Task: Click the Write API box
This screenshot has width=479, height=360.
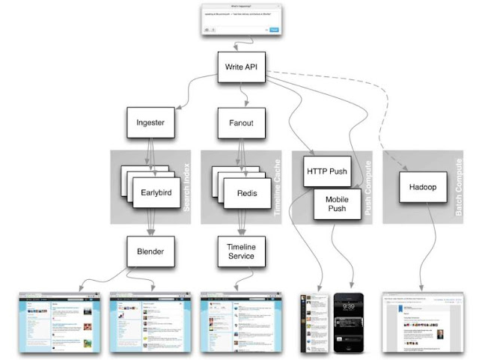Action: pos(241,67)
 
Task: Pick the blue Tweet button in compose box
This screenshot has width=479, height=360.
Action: pos(274,30)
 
